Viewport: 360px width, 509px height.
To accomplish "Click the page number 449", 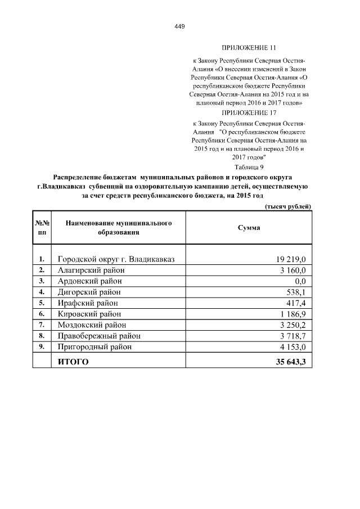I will pyautogui.click(x=180, y=26).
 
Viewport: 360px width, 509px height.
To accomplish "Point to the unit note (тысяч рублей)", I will pyautogui.click(x=287, y=207).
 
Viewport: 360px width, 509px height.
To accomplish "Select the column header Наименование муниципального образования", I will pyautogui.click(x=118, y=228).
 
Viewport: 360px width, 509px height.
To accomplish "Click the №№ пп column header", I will pyautogui.click(x=42, y=228).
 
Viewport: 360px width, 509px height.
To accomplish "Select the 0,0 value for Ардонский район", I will pyautogui.click(x=300, y=281).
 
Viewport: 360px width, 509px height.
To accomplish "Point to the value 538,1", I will pyautogui.click(x=296, y=292).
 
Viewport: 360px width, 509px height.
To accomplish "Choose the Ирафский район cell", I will pyautogui.click(x=88, y=303).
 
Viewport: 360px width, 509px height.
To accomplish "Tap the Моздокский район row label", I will pyautogui.click(x=92, y=325).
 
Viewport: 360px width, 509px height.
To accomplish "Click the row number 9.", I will pyautogui.click(x=42, y=346).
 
